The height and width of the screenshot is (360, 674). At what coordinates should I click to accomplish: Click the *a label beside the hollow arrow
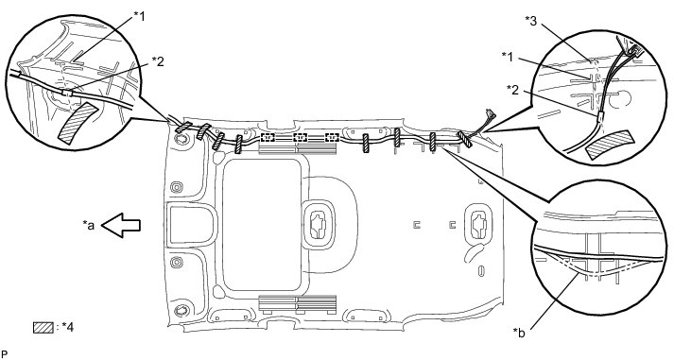(89, 224)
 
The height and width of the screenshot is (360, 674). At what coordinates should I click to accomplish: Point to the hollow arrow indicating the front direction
(121, 225)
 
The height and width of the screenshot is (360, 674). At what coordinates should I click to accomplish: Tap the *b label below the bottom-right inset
(519, 333)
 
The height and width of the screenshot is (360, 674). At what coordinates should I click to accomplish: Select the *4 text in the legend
(66, 327)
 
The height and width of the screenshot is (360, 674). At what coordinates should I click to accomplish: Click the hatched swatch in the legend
(43, 327)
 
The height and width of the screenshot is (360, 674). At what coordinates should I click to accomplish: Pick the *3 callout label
(531, 21)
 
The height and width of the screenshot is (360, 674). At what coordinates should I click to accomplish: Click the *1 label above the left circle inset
(139, 16)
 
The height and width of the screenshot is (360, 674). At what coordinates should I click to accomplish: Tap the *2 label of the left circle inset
(158, 61)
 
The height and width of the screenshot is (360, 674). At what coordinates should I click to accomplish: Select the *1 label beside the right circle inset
(508, 57)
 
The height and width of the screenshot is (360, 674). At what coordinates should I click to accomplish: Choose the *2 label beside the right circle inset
(512, 90)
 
